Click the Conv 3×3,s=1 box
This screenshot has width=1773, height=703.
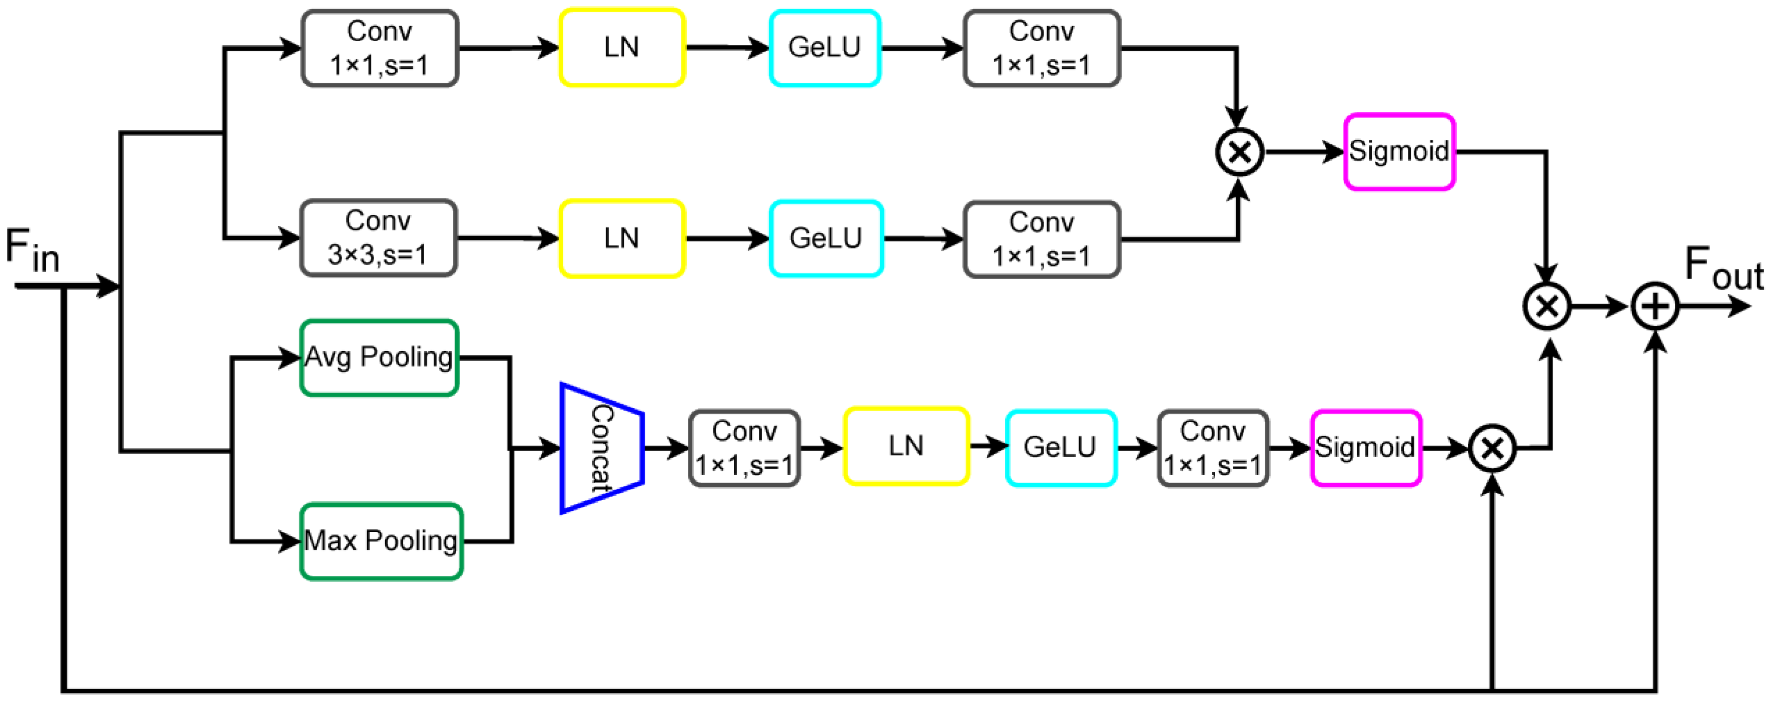click(x=378, y=238)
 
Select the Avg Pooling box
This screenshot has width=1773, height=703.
click(x=379, y=358)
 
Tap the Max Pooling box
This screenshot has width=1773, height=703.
click(x=381, y=541)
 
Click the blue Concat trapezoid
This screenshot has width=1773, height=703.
click(x=601, y=448)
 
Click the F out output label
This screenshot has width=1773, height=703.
click(x=1723, y=268)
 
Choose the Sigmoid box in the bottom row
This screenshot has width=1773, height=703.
click(x=1366, y=448)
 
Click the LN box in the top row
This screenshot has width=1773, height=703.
click(x=621, y=48)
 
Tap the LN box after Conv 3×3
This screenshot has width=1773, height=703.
click(x=621, y=239)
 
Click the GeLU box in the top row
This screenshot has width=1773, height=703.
click(x=825, y=48)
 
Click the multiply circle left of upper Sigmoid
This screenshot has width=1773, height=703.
click(x=1239, y=152)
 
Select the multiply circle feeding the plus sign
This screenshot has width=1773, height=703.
click(x=1547, y=306)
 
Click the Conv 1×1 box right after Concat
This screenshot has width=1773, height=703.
click(x=744, y=448)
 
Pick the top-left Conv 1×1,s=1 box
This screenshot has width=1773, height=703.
click(x=379, y=48)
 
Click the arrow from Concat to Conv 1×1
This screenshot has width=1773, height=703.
click(x=665, y=448)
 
